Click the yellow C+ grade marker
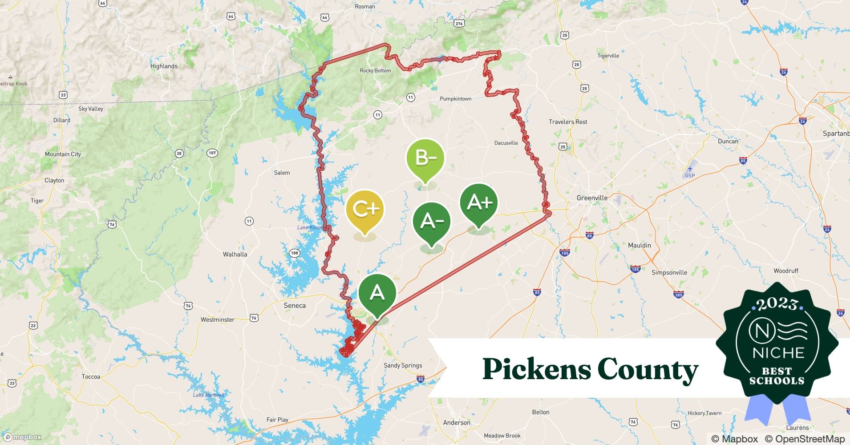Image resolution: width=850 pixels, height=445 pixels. (x=364, y=210)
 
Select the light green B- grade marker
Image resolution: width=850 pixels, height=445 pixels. (x=425, y=158)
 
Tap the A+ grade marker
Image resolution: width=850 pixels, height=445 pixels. (x=479, y=203)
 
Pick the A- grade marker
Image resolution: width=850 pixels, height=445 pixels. (x=431, y=222)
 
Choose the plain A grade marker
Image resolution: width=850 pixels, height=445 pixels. (x=377, y=293)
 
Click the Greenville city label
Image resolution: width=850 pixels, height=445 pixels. (x=591, y=198)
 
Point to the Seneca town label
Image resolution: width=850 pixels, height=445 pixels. (x=295, y=306)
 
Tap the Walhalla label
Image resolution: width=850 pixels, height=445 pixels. (x=235, y=255)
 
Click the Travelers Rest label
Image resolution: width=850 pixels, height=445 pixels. (x=567, y=122)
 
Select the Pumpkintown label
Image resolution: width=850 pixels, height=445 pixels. (x=455, y=99)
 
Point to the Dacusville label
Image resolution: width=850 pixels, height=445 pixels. (x=506, y=143)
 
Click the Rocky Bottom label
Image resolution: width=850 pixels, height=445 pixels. (x=375, y=71)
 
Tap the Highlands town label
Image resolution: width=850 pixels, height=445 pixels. (x=164, y=66)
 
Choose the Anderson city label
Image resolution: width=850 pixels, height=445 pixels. (x=457, y=422)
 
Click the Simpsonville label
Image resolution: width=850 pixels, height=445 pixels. (x=669, y=272)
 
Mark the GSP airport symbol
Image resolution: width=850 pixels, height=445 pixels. (x=689, y=169)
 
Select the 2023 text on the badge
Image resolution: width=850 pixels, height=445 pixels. (x=777, y=304)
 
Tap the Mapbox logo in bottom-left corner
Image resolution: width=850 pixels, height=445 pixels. (x=22, y=437)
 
